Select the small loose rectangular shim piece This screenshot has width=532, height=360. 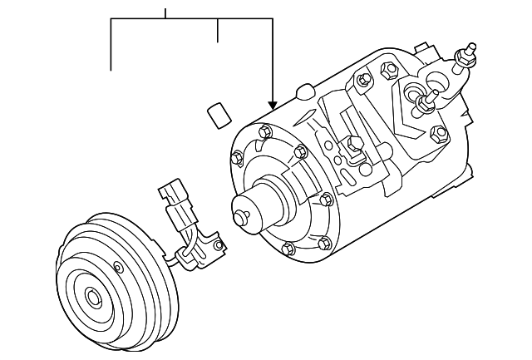point(218,113)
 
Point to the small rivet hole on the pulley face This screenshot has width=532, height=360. point(116,267)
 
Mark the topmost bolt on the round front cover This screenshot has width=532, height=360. point(264,131)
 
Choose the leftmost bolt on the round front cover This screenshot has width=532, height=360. point(237,155)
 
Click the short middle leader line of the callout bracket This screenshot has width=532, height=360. point(218,30)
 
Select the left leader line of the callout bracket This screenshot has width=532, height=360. point(111,45)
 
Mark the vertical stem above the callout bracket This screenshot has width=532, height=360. point(165,13)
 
